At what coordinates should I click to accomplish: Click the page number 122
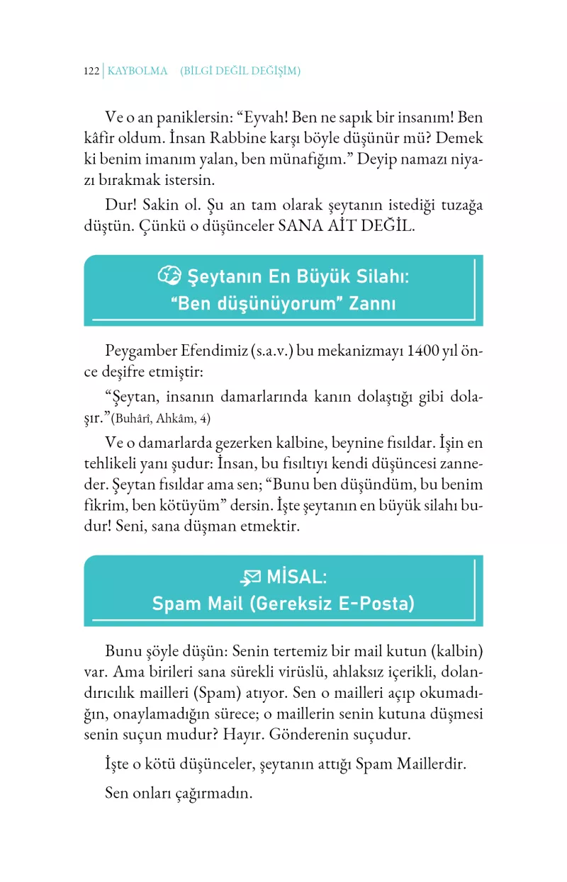[91, 71]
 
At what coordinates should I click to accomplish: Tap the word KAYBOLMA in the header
[137, 71]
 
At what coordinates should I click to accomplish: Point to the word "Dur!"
[120, 206]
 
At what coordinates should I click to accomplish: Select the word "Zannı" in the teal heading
[373, 305]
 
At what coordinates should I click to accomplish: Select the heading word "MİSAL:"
[297, 577]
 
